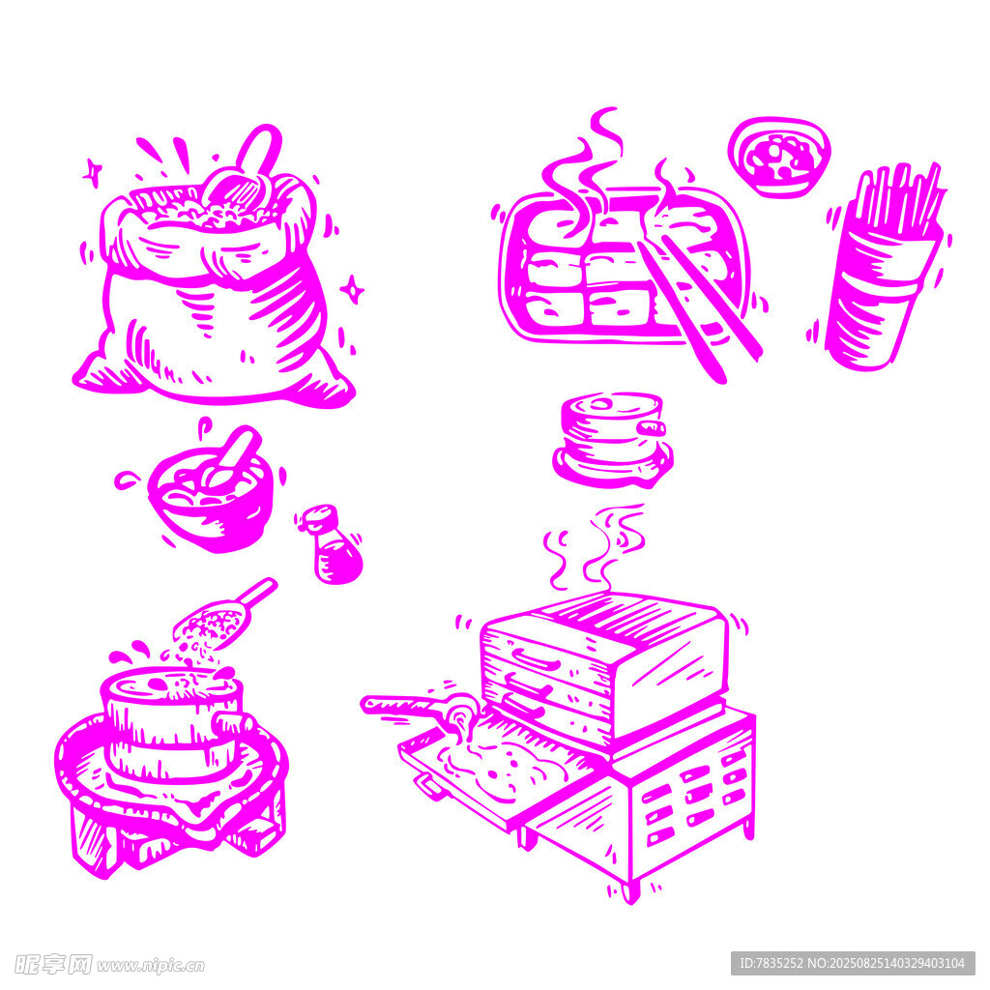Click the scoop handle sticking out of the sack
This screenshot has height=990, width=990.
[x=260, y=149]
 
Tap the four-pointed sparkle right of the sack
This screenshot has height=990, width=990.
[x=352, y=290]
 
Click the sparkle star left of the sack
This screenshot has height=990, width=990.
[x=93, y=172]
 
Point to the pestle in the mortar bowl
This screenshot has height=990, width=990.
[x=231, y=457]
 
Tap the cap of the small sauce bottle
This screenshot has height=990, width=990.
[x=319, y=518]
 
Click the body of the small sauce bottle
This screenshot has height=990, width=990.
[x=337, y=558]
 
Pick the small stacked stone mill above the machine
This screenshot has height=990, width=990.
[x=613, y=440]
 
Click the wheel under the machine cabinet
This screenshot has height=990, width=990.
[x=629, y=892]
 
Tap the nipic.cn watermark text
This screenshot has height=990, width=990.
[x=150, y=966]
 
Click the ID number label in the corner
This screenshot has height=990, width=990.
[x=853, y=964]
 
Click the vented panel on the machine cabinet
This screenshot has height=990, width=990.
[x=693, y=796]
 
